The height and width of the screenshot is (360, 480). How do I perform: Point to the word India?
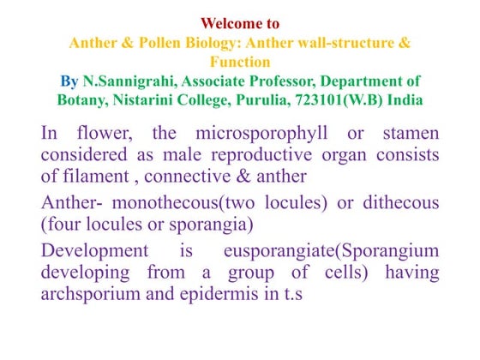click(405, 99)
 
